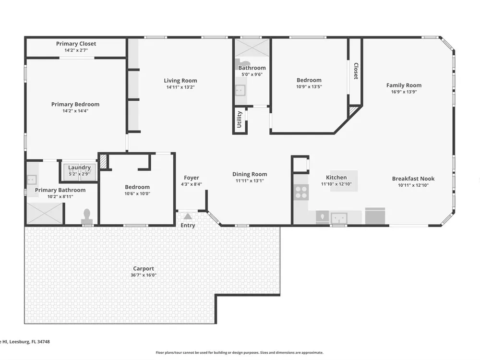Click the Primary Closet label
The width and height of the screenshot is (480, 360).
click(76, 44)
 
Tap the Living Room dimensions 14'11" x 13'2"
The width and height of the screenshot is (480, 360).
click(180, 87)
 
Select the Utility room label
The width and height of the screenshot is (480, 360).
click(240, 120)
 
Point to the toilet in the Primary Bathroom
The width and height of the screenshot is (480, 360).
click(86, 216)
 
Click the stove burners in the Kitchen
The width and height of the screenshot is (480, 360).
click(301, 192)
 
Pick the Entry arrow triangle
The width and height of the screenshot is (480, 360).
click(188, 217)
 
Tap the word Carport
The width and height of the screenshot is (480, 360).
click(144, 268)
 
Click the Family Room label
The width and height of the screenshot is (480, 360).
click(404, 85)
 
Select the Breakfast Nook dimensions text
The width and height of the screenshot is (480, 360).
click(413, 185)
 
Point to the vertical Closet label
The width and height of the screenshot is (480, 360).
click(356, 71)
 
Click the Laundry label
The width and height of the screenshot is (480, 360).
click(79, 168)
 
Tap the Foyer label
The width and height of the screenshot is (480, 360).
click(192, 178)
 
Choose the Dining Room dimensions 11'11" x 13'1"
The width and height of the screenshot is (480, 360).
click(250, 180)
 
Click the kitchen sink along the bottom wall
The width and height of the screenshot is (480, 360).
click(339, 218)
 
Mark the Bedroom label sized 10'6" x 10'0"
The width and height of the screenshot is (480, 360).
click(137, 187)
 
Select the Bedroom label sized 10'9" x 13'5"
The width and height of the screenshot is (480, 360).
click(309, 80)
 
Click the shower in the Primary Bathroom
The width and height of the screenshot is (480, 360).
click(45, 214)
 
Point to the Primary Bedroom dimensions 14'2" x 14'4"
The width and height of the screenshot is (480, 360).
click(75, 111)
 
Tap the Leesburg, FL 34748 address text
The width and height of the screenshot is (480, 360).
click(29, 342)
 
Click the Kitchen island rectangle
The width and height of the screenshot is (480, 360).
click(344, 181)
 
